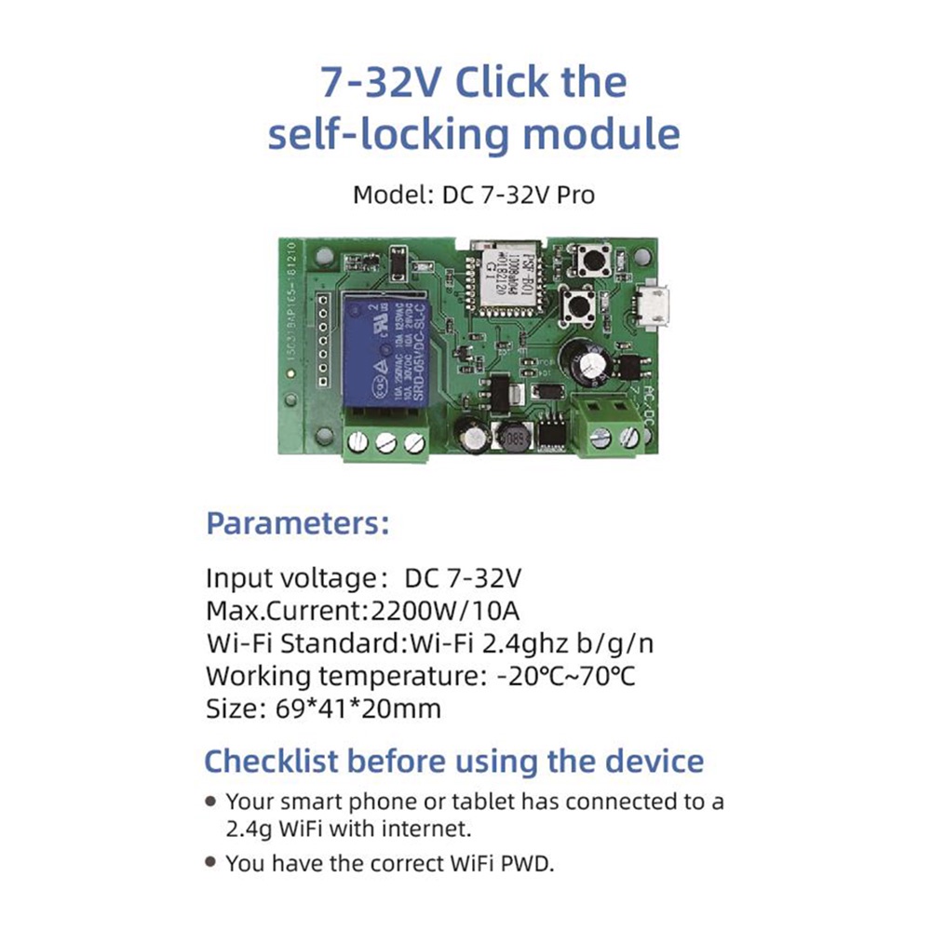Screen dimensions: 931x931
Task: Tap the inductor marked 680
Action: pyautogui.click(x=511, y=438)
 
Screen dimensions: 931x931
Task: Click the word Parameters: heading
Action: pyautogui.click(x=297, y=523)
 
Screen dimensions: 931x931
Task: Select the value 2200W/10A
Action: pyautogui.click(x=444, y=611)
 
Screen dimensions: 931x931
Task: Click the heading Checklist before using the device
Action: pyautogui.click(x=453, y=761)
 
